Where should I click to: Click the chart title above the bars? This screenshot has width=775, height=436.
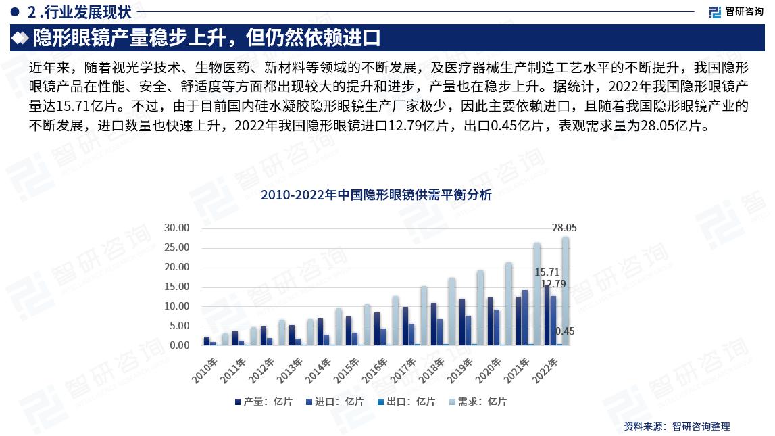coord(376,196)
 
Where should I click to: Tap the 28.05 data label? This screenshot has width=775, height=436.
coord(564,228)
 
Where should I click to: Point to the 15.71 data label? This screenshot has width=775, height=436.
coord(547,272)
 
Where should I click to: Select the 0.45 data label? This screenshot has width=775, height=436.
coord(564,331)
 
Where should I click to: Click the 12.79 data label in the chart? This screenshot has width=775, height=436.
coord(553,284)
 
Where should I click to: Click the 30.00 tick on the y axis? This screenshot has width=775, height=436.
coord(177,228)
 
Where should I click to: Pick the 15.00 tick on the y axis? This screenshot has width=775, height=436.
coord(177,287)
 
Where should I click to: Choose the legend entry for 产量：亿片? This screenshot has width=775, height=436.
coord(264,402)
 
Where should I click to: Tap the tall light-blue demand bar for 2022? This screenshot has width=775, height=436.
coord(565,291)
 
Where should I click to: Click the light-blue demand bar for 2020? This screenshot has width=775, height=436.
coord(508,304)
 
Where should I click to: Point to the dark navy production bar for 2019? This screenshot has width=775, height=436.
coord(462,322)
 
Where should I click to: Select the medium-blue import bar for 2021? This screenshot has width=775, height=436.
coord(525,318)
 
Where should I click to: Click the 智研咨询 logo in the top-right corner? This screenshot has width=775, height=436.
coord(736,11)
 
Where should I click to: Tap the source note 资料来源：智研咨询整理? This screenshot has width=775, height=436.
coord(677,426)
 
